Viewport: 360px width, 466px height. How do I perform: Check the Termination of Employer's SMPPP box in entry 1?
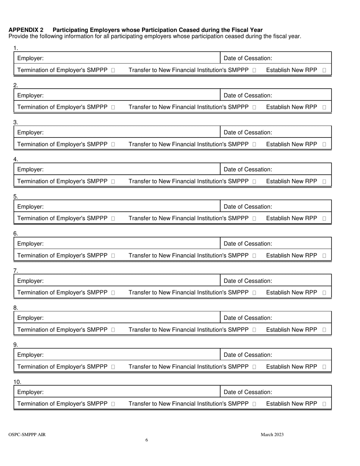[113, 70]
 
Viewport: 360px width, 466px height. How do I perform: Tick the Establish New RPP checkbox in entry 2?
[324, 108]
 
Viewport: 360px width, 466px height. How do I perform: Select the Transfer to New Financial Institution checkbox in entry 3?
[254, 145]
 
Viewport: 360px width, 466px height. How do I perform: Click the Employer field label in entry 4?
[30, 170]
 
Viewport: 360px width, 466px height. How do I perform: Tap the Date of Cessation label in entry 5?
[248, 207]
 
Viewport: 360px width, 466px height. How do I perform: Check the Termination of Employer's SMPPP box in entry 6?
[113, 256]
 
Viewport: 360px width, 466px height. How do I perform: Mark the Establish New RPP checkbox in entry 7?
[324, 293]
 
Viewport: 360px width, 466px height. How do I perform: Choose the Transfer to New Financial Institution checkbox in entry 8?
[254, 330]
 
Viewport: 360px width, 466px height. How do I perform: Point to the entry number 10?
[17, 382]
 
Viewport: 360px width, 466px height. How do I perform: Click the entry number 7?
[16, 271]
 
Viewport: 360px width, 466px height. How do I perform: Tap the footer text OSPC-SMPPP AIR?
[27, 435]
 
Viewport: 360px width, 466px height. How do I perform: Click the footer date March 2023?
[272, 435]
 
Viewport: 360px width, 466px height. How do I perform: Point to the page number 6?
[147, 440]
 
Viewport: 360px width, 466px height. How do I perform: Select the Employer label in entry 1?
[30, 58]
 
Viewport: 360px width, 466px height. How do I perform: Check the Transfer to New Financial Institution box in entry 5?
[254, 219]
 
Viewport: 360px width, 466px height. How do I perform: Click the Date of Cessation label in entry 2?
[248, 95]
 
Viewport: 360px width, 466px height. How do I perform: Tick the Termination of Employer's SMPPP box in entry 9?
[113, 367]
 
